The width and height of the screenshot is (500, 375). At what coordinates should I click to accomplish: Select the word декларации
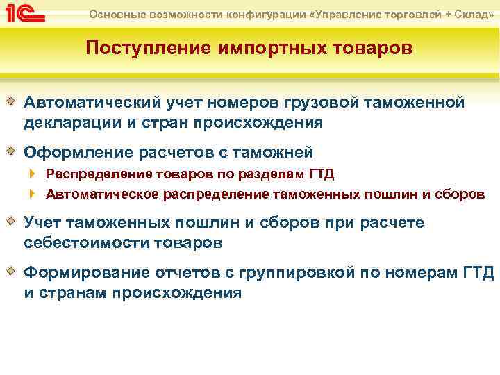(67, 123)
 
